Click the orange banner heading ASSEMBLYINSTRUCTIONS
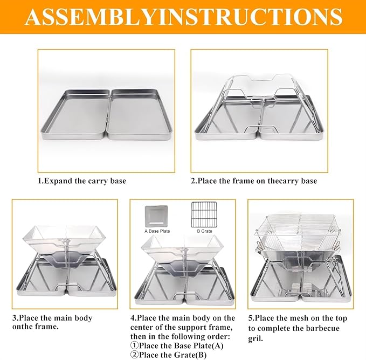(x=184, y=17)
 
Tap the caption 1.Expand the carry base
(x=82, y=181)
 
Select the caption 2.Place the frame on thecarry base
(x=254, y=181)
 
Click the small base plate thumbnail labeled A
(x=156, y=216)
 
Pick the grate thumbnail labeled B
(x=204, y=214)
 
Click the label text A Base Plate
(x=157, y=231)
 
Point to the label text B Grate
(x=204, y=231)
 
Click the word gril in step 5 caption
(x=255, y=338)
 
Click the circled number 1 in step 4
(x=134, y=346)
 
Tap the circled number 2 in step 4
(x=134, y=355)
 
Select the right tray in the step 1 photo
(x=140, y=114)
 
